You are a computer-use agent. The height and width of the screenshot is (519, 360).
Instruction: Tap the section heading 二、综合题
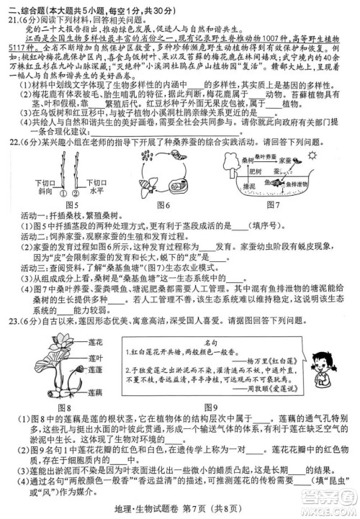click(x=25, y=9)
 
